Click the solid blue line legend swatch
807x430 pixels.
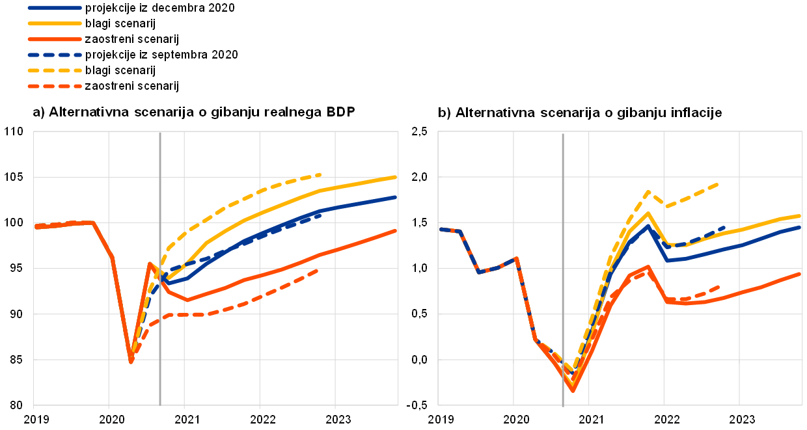click(55, 8)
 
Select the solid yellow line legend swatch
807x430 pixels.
click(55, 23)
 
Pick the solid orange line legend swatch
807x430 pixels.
click(55, 39)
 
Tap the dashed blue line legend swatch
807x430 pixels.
click(55, 55)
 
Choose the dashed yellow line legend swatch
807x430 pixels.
click(55, 70)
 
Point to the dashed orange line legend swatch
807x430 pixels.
click(55, 86)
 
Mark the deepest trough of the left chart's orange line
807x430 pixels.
click(131, 361)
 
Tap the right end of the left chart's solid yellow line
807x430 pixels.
click(396, 177)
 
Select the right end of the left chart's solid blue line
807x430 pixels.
click(396, 197)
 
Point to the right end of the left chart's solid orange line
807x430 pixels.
click(396, 231)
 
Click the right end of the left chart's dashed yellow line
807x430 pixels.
click(321, 174)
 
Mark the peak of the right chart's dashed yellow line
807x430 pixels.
click(648, 191)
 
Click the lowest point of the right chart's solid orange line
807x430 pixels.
click(573, 390)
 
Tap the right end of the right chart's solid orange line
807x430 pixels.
click(800, 274)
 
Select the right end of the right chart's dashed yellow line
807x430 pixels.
click(718, 184)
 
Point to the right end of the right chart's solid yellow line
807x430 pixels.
click(800, 215)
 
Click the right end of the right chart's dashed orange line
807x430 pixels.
click(719, 286)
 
